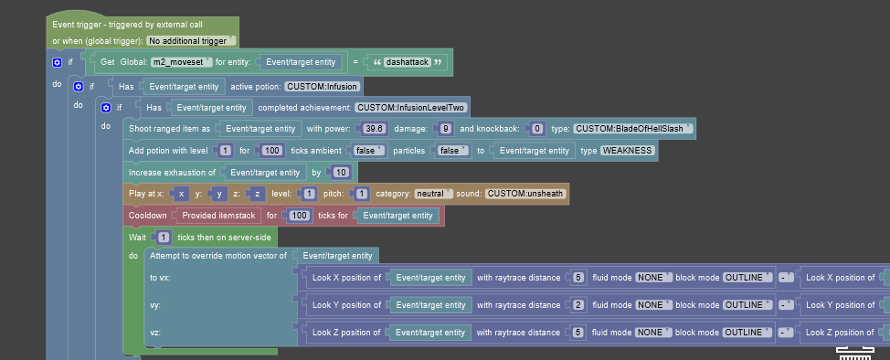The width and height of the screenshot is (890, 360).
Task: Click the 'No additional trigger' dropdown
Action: pyautogui.click(x=191, y=41)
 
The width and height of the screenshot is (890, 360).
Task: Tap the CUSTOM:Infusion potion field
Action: pyautogui.click(x=323, y=87)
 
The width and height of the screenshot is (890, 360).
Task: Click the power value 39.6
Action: pyautogui.click(x=375, y=129)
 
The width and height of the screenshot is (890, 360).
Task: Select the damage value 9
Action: pyautogui.click(x=442, y=129)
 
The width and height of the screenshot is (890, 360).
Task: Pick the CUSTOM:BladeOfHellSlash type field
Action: pyautogui.click(x=631, y=129)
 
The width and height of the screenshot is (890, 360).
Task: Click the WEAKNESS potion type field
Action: pyautogui.click(x=628, y=150)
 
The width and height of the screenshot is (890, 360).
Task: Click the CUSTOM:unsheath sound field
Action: pyautogui.click(x=525, y=194)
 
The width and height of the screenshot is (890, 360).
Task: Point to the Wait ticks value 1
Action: pyautogui.click(x=163, y=238)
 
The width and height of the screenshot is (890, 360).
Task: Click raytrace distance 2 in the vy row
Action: pyautogui.click(x=578, y=305)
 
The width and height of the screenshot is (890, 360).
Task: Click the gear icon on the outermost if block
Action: pyautogui.click(x=58, y=62)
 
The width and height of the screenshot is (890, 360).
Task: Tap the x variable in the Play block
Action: pyautogui.click(x=182, y=194)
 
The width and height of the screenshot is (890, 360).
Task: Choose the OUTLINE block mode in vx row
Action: pyautogui.click(x=744, y=277)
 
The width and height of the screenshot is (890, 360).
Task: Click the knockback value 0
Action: pyautogui.click(x=537, y=129)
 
